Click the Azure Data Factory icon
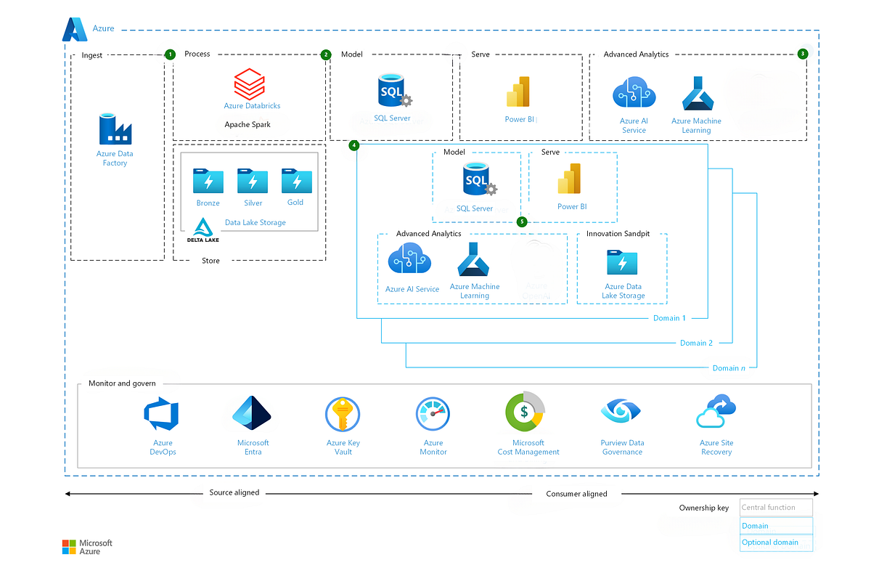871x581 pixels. [115, 129]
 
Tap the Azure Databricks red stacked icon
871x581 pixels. [250, 84]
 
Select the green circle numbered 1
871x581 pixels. [170, 54]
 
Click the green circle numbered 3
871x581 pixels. [802, 54]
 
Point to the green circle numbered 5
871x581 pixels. [521, 222]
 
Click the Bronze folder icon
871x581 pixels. [208, 181]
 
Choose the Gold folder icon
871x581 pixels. [296, 181]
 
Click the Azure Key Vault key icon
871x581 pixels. [343, 415]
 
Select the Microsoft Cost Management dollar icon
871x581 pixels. [525, 412]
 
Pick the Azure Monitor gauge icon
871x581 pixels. [433, 415]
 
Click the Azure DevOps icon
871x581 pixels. [163, 415]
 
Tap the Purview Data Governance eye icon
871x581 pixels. [621, 412]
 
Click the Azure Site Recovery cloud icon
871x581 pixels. [716, 412]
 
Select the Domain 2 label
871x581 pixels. [696, 343]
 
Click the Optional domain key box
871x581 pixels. [775, 543]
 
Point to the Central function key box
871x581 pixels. [775, 507]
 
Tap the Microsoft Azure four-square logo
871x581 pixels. [69, 547]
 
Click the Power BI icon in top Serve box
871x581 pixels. [520, 94]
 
